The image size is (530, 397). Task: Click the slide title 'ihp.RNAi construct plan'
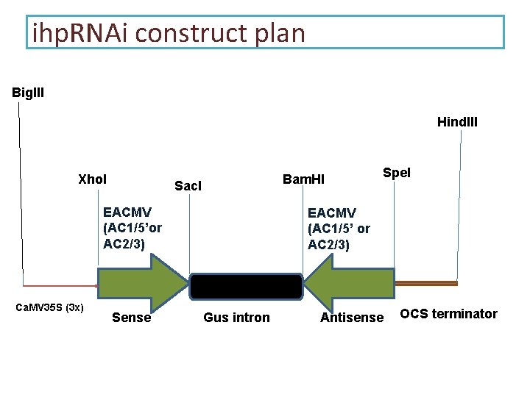point(169,32)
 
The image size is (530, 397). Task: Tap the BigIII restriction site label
point(28,93)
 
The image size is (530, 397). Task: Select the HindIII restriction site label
point(457,121)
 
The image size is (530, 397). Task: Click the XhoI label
point(92,179)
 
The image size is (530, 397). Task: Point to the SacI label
point(188,186)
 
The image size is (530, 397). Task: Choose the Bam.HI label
point(304,179)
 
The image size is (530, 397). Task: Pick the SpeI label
point(396,173)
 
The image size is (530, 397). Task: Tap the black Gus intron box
point(247,287)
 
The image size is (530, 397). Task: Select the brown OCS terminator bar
point(427,283)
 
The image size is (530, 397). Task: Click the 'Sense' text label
point(131,318)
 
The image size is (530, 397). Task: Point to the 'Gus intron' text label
point(236,318)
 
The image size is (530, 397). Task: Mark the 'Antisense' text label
point(352,318)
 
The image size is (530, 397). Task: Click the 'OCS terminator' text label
point(448,314)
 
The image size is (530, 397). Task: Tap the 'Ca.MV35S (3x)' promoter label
point(49,307)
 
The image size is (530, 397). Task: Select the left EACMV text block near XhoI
point(133,228)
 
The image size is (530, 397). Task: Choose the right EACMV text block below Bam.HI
point(339,228)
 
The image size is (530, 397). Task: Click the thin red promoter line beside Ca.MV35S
point(59,286)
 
